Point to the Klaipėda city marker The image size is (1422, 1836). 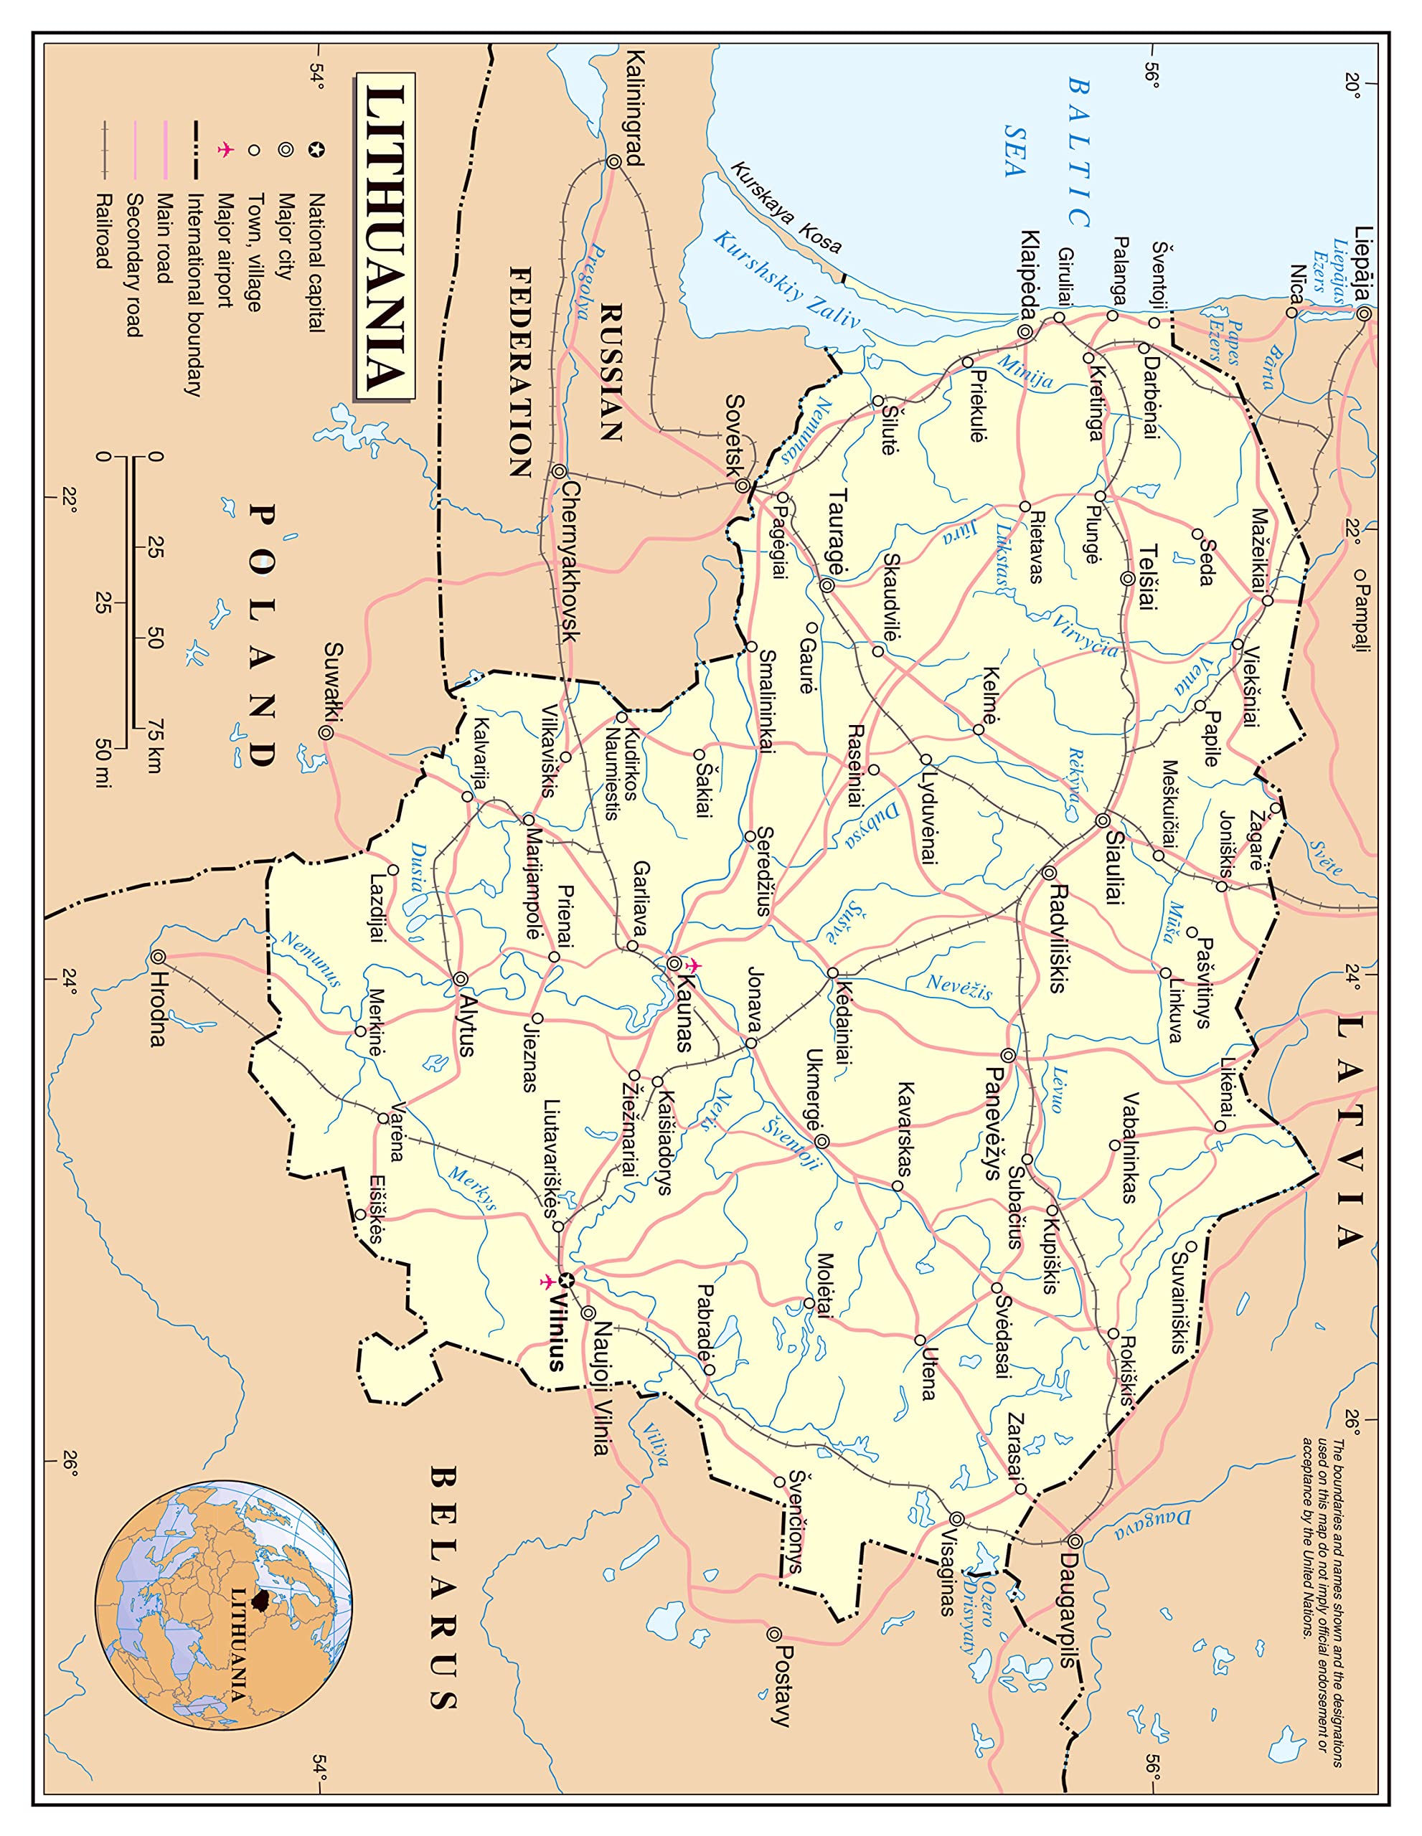point(1025,331)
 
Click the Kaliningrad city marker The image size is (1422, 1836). point(615,162)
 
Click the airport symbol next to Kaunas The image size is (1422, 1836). point(694,966)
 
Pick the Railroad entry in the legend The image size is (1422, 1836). point(103,231)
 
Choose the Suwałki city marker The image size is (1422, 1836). point(326,732)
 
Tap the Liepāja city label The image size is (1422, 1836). point(1363,267)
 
